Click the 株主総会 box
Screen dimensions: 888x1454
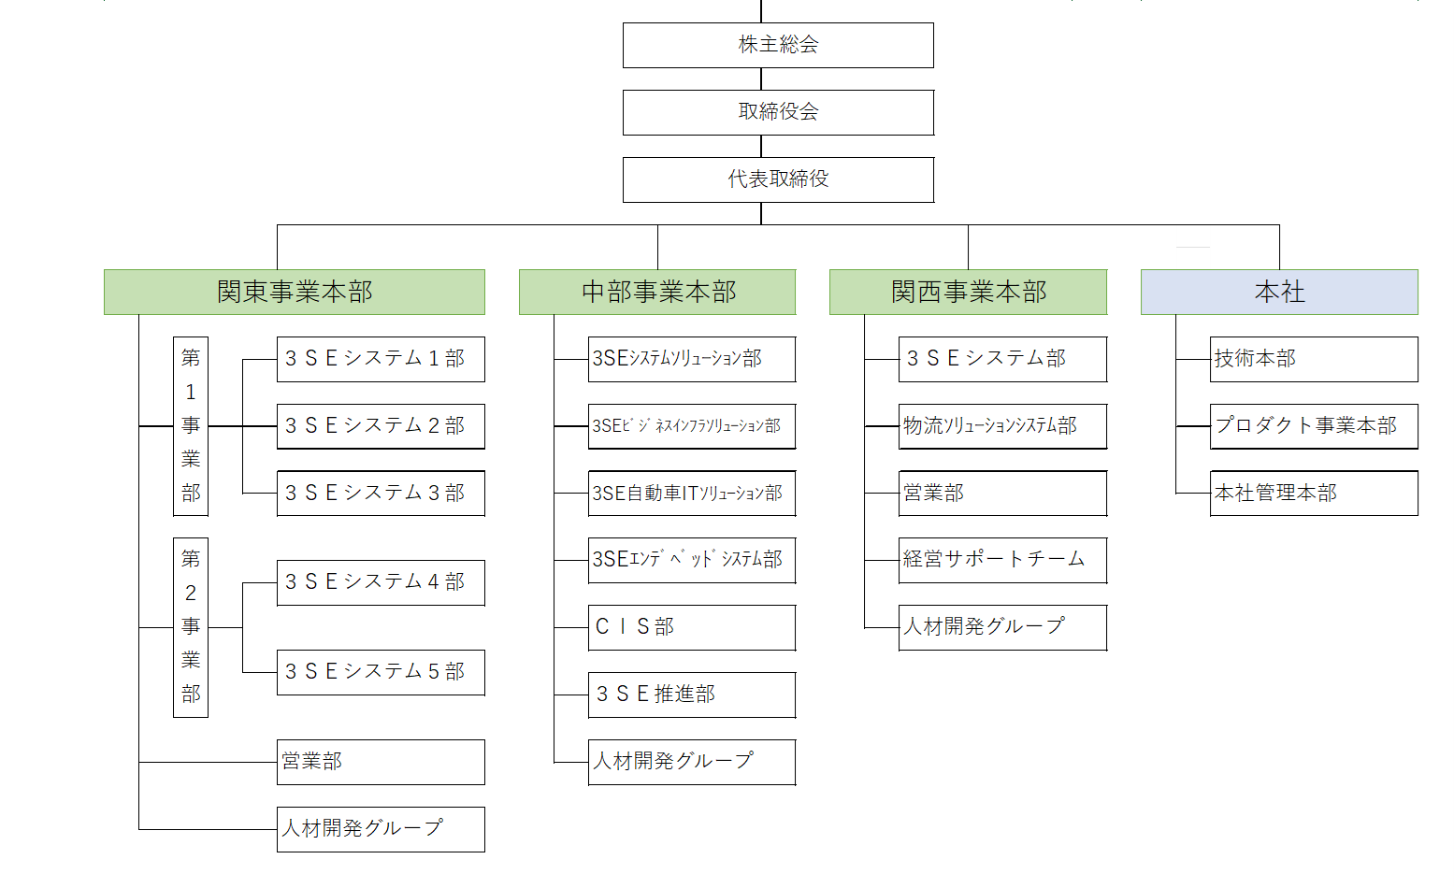tap(778, 45)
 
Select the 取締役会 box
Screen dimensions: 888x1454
tap(778, 112)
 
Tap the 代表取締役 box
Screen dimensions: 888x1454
tap(778, 179)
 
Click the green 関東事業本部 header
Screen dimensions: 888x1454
tap(295, 292)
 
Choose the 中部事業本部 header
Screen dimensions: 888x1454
tap(657, 292)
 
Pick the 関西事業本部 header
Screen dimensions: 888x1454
tap(968, 292)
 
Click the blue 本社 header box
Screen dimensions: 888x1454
tap(1279, 292)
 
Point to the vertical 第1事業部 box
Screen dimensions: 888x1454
tap(191, 426)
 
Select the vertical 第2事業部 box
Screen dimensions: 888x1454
tap(191, 627)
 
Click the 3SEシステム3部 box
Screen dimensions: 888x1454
tap(381, 493)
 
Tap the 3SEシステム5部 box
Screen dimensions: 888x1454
tap(381, 672)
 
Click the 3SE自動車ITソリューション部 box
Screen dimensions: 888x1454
tap(692, 493)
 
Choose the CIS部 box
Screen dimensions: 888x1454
tap(692, 627)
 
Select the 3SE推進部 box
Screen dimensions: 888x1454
tap(692, 695)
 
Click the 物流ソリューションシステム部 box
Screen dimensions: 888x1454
tap(1002, 426)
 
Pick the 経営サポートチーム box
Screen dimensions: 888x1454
tap(1002, 560)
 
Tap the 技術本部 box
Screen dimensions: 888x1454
tap(1314, 359)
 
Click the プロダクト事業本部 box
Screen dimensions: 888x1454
tap(1314, 426)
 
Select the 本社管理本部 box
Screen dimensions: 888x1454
tap(1314, 493)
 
